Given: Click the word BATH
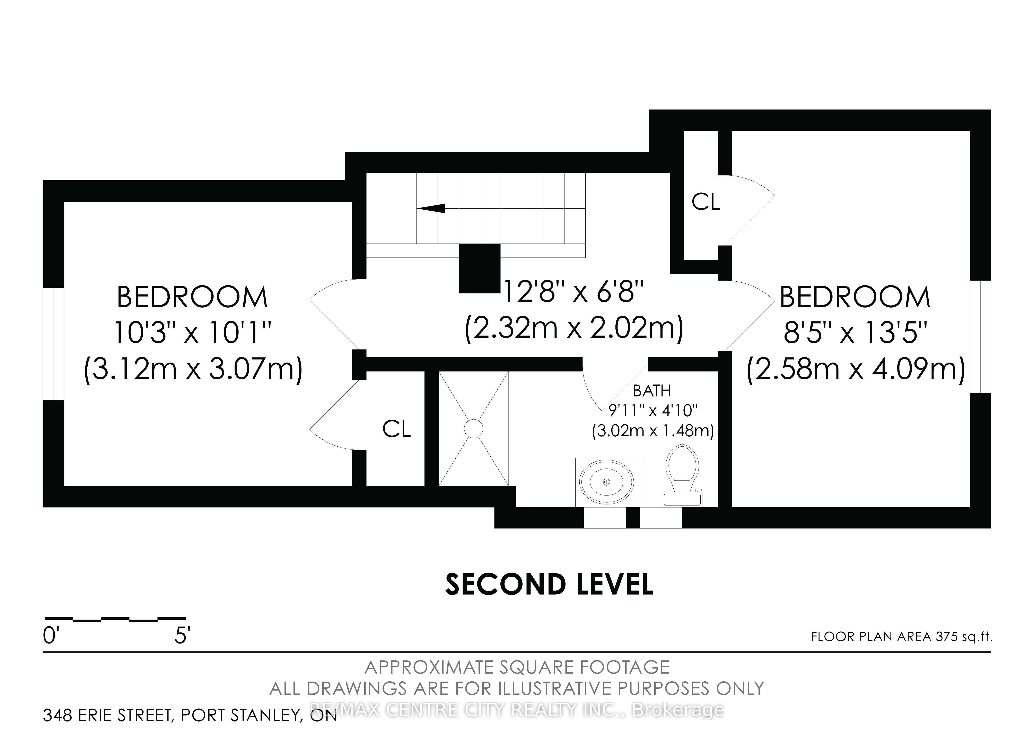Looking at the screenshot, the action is point(652,391).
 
